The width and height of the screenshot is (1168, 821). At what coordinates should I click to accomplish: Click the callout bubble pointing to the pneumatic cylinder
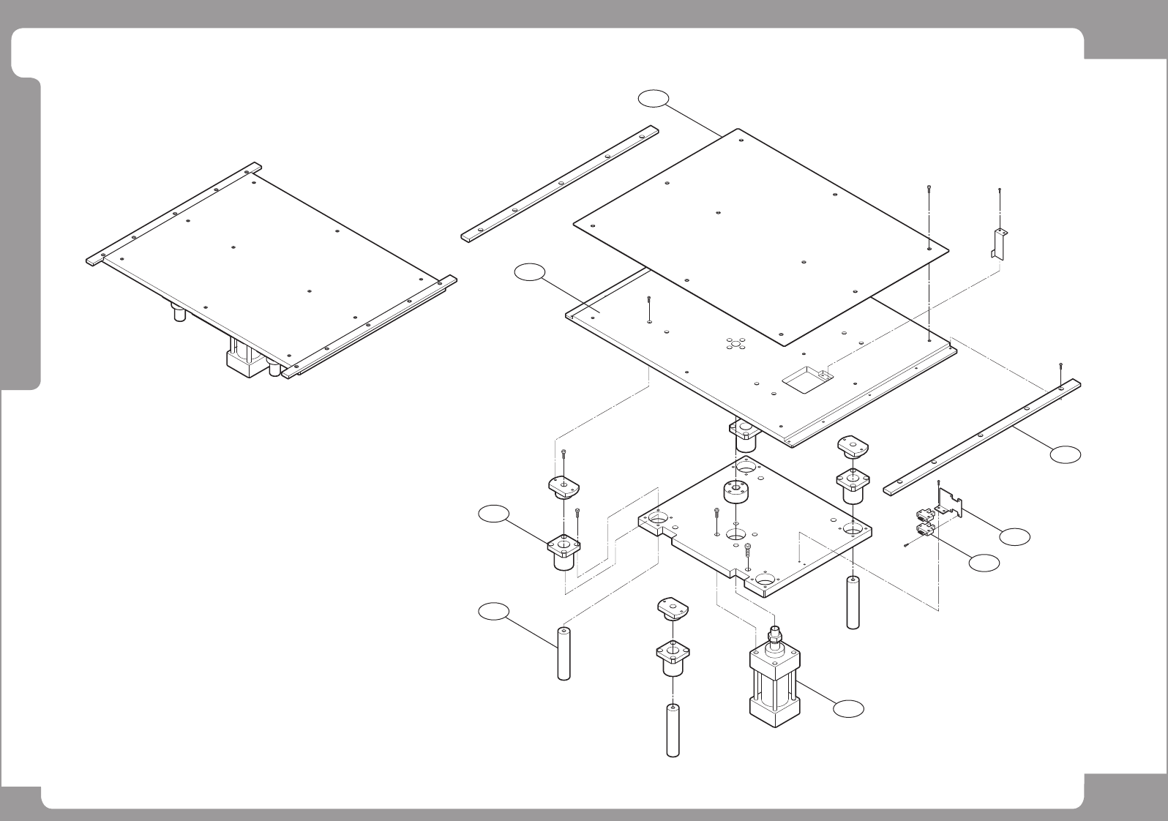[x=848, y=708]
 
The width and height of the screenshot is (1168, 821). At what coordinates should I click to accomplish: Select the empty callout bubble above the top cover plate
[x=653, y=98]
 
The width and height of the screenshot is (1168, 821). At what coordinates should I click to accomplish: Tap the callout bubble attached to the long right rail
[x=1065, y=454]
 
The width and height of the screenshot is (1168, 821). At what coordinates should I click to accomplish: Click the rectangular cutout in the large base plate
[x=804, y=378]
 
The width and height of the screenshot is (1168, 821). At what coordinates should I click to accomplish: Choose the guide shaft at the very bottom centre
[x=672, y=730]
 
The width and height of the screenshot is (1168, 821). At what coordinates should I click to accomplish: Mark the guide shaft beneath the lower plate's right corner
[x=852, y=602]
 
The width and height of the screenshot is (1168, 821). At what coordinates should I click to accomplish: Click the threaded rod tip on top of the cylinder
[x=774, y=630]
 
